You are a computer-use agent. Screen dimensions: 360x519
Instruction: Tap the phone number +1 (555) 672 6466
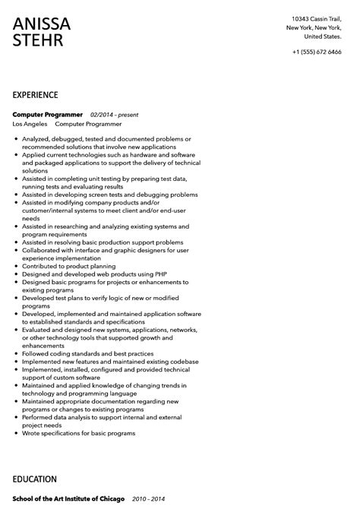coord(317,52)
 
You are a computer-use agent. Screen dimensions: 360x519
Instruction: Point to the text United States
coord(322,36)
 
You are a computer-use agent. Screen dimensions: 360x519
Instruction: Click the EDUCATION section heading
coord(35,479)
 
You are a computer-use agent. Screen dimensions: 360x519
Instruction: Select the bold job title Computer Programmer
coord(48,114)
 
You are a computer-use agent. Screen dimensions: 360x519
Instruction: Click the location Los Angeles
coord(30,123)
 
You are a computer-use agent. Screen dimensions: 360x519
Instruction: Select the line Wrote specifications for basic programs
coord(78,432)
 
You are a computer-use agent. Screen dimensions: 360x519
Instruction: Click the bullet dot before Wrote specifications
coord(16,432)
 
